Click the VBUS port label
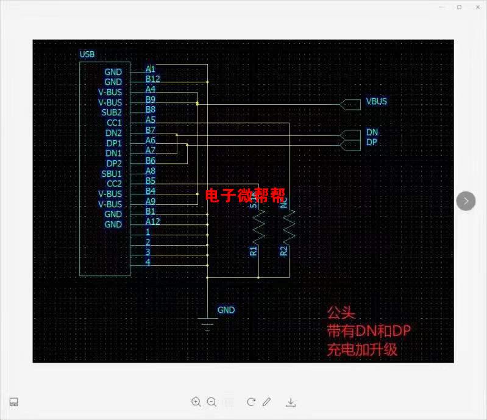[376, 101]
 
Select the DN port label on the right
[372, 132]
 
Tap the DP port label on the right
[372, 142]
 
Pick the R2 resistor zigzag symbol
[289, 226]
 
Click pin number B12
[152, 79]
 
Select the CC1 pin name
[114, 123]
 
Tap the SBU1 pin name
[112, 174]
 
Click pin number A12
[152, 221]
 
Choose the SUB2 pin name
[112, 112]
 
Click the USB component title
[87, 54]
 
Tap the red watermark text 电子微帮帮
[245, 196]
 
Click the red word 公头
[341, 313]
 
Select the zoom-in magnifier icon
[196, 402]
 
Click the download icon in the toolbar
[291, 402]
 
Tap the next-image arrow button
[466, 201]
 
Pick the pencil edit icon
[266, 402]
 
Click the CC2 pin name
[114, 183]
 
